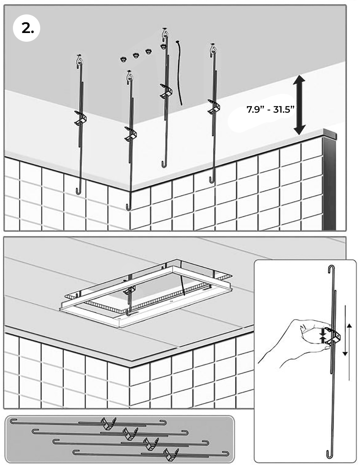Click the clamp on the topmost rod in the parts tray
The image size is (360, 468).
(x=108, y=423)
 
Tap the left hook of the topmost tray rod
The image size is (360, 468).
(x=13, y=421)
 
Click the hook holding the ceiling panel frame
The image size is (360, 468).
(x=129, y=313)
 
